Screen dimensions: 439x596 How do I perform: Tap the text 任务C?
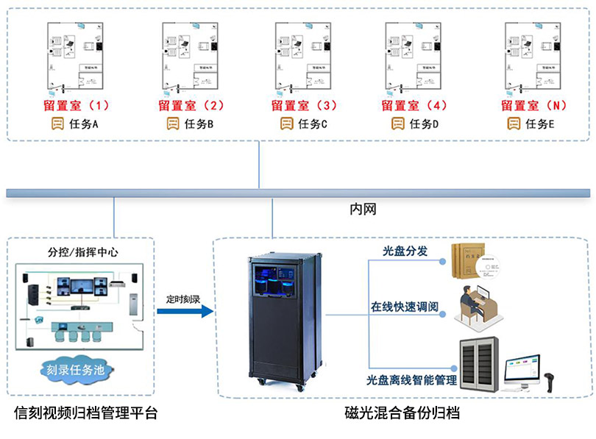pos(313,124)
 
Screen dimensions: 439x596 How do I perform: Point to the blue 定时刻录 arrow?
pos(183,312)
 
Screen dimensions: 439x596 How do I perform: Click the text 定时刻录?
pos(183,299)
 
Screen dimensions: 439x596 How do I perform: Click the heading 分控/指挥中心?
pos(79,252)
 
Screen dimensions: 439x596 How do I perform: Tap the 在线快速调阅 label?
pos(405,305)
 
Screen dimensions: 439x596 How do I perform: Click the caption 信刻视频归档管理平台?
pos(85,413)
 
